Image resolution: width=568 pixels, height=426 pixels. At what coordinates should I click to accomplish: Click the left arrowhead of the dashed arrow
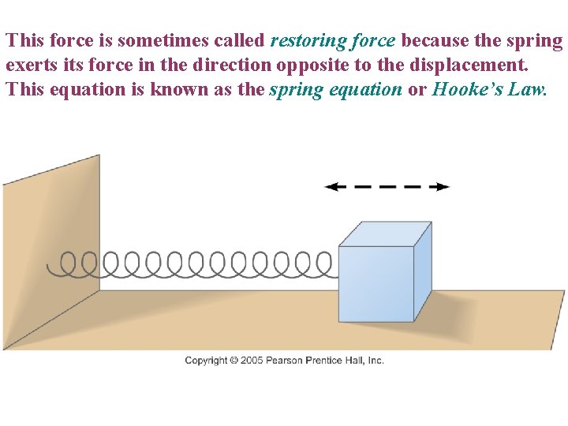pos(331,187)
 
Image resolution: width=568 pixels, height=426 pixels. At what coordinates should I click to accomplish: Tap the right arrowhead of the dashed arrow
pos(443,187)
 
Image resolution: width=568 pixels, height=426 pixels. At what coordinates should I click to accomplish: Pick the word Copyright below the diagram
pos(207,361)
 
